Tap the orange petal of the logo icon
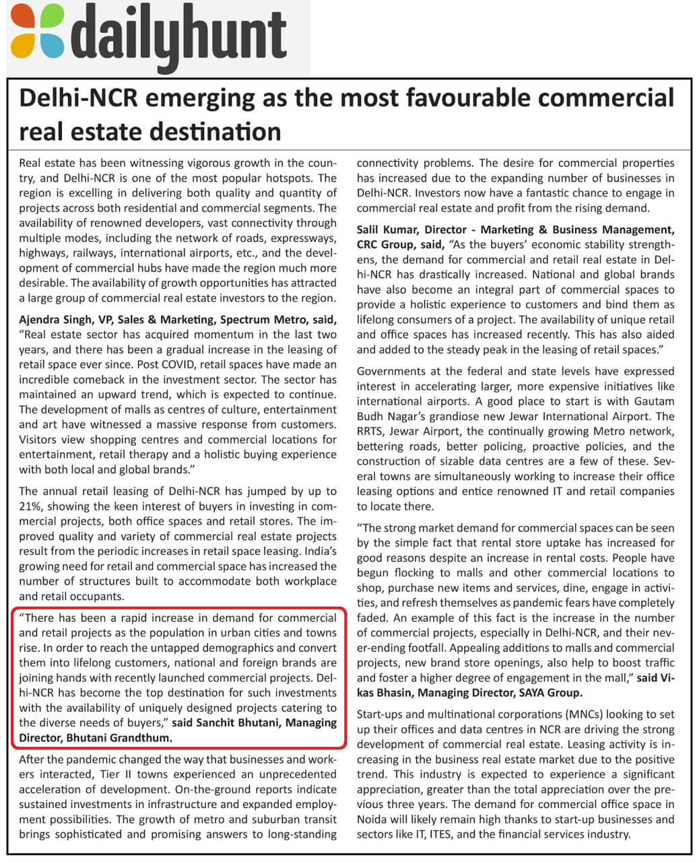click(x=24, y=17)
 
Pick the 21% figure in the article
click(x=30, y=506)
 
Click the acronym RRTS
click(x=372, y=431)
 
